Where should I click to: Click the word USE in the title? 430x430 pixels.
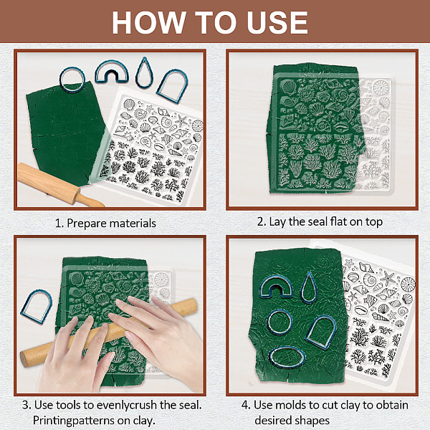coord(277,22)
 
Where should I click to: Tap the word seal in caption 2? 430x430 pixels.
coord(317,222)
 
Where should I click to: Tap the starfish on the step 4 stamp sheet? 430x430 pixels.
coord(388,278)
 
